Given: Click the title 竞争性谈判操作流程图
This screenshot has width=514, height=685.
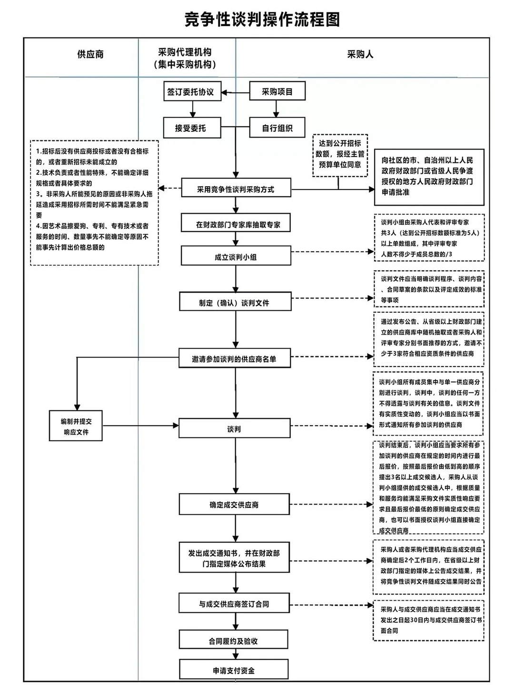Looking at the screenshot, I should tap(262, 20).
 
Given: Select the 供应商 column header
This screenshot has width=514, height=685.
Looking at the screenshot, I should tap(90, 54).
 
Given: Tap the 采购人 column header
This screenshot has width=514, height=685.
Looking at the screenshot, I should tap(360, 54).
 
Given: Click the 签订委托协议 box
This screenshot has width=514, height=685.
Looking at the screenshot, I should tap(191, 92).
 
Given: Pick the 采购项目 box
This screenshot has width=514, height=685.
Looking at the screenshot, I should tap(277, 92).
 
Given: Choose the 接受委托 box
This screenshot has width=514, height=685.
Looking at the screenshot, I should tap(191, 128).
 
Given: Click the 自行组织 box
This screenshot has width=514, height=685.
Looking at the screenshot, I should tap(277, 128).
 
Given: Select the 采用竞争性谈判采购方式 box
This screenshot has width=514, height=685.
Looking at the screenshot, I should tap(236, 189).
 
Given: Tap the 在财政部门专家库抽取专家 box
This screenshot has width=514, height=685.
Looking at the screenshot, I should tap(236, 224).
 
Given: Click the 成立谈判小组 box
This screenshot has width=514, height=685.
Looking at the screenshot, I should tap(236, 257).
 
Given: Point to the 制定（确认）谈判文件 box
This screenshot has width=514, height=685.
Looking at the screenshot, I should tap(235, 303).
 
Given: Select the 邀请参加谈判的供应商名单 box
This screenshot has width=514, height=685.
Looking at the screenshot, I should tap(234, 359).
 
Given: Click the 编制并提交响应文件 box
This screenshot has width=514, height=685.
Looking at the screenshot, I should tap(76, 427).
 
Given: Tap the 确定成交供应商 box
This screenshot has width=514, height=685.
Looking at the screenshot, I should tap(234, 505).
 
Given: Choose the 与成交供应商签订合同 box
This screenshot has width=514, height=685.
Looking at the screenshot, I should tap(234, 604).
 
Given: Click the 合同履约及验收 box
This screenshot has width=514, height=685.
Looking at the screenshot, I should tap(233, 641).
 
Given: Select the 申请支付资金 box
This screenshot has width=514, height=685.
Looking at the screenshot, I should tap(234, 670).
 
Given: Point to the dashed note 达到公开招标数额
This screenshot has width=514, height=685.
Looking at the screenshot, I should tap(340, 154).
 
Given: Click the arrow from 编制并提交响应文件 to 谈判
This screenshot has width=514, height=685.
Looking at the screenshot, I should tap(140, 426).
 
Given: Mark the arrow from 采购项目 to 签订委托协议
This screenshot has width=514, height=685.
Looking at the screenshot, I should tap(236, 92).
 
